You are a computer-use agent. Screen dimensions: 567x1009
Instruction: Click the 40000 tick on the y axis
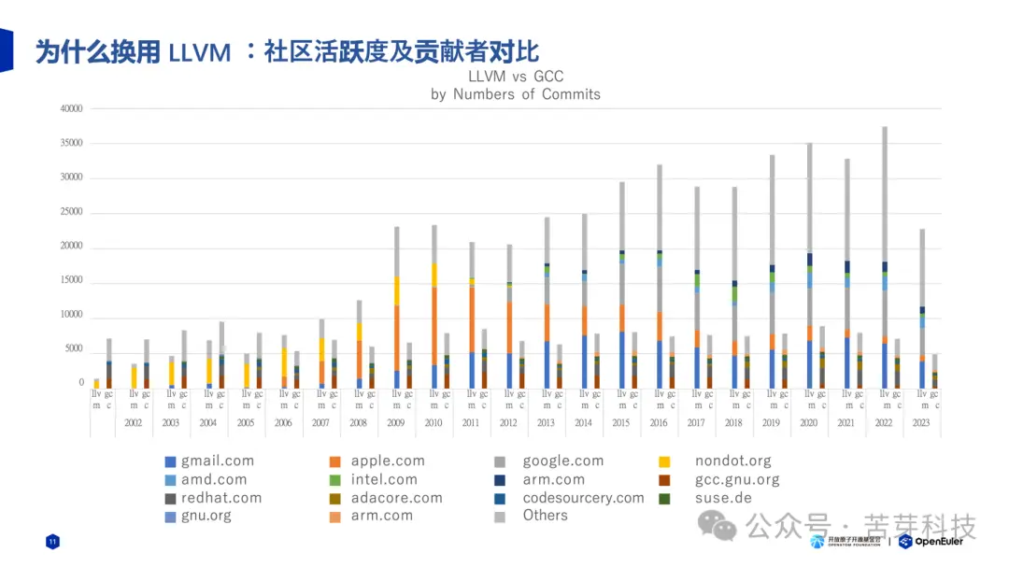(x=71, y=109)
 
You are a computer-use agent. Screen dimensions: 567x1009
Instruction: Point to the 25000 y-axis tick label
(x=71, y=212)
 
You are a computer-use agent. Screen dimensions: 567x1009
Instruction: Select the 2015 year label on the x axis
(x=621, y=423)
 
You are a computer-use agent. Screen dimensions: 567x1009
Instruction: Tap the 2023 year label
(x=922, y=423)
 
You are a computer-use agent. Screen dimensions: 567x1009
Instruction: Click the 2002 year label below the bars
(x=133, y=423)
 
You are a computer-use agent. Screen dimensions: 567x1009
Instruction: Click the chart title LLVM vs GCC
(x=515, y=77)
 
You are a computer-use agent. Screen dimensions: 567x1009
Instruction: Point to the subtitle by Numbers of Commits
(x=515, y=94)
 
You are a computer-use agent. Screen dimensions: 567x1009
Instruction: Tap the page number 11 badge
(x=52, y=542)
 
